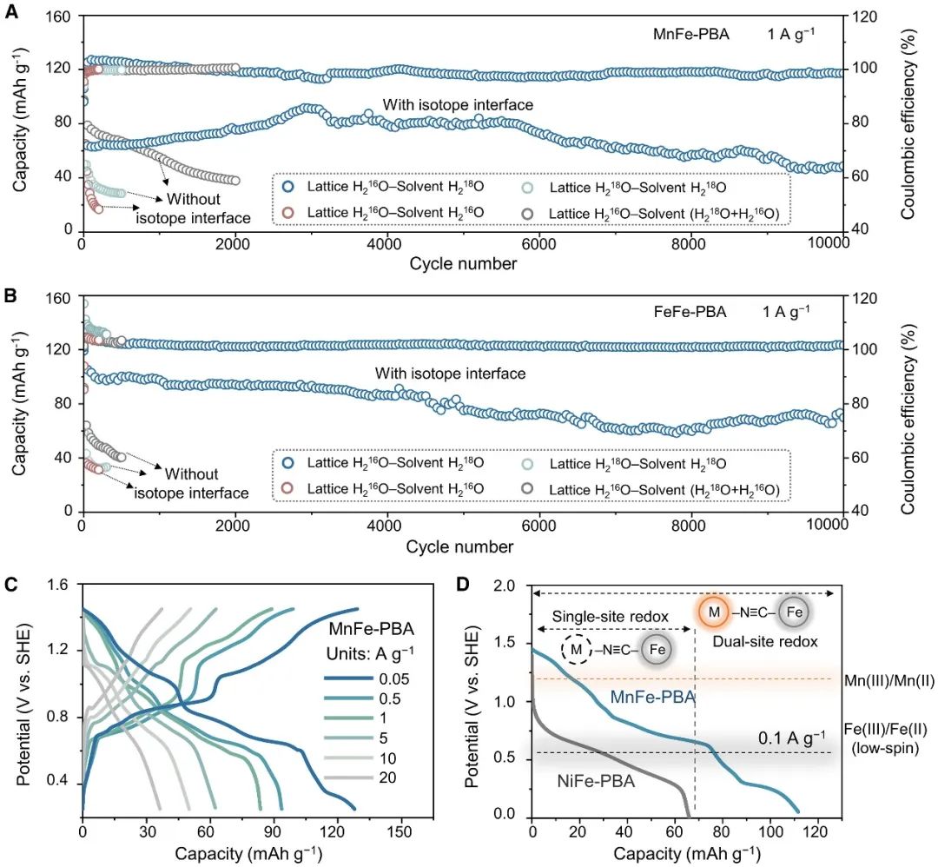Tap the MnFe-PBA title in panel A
[x=691, y=36]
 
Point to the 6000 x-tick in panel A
[x=538, y=247]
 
